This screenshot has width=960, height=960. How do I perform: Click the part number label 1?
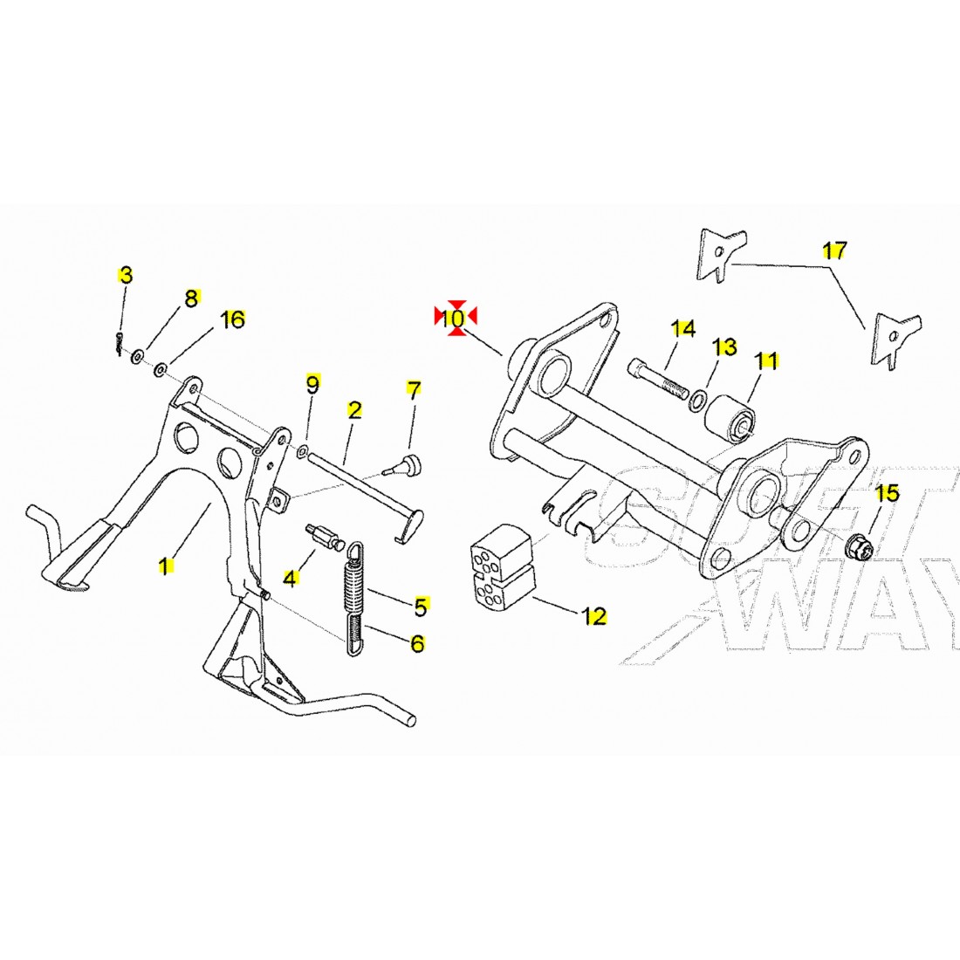[164, 566]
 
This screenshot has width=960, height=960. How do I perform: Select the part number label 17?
[834, 250]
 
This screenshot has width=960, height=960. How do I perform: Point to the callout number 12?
[593, 615]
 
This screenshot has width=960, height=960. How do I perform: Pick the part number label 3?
[126, 276]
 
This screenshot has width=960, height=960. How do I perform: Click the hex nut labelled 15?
[858, 546]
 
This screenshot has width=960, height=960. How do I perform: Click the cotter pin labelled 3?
[118, 343]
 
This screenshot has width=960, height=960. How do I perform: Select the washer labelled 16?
[161, 370]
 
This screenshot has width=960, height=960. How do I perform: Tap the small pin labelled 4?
[326, 534]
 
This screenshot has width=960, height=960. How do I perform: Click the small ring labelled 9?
[302, 452]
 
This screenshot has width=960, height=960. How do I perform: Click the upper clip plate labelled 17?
[722, 254]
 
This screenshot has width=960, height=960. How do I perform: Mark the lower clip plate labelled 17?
[897, 339]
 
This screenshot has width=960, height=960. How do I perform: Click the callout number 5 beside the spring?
[421, 607]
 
